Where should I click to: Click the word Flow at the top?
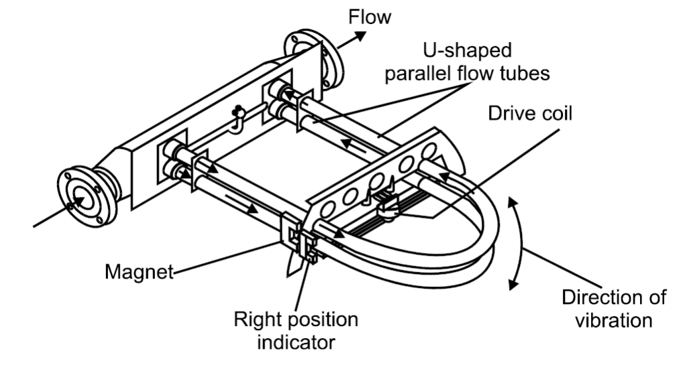click(x=369, y=17)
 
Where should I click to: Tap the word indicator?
click(x=295, y=343)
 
